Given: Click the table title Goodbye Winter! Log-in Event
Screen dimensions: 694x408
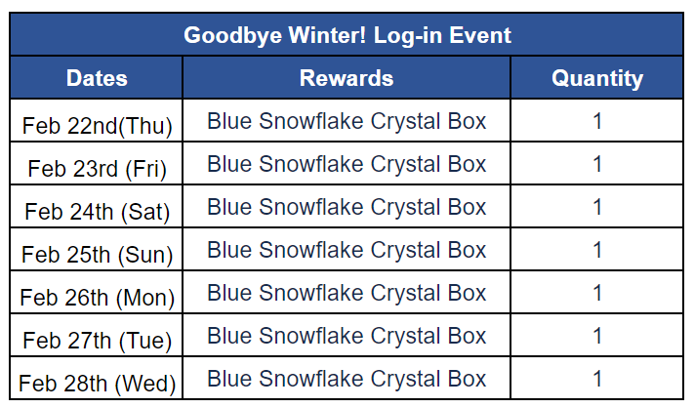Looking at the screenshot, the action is point(347,35).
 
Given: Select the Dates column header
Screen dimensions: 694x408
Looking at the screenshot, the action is point(97,78).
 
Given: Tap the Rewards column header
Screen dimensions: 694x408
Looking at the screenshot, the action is point(347,78).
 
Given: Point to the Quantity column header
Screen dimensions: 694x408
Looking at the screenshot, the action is point(597,79).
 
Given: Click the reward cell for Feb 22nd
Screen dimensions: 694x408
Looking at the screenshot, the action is point(347,121).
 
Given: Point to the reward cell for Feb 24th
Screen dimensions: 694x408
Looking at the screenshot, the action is point(347,207).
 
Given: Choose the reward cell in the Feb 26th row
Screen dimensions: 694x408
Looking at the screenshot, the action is point(347,293).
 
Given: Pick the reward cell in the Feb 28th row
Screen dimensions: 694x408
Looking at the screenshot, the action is point(347,379).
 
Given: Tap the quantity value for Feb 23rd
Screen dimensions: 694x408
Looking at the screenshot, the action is point(597,164).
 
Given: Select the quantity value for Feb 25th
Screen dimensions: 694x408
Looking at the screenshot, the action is point(597,250).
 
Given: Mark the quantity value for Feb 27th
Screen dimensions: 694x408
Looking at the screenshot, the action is point(597,336).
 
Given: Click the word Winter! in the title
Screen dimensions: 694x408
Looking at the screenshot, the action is point(328,35).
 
